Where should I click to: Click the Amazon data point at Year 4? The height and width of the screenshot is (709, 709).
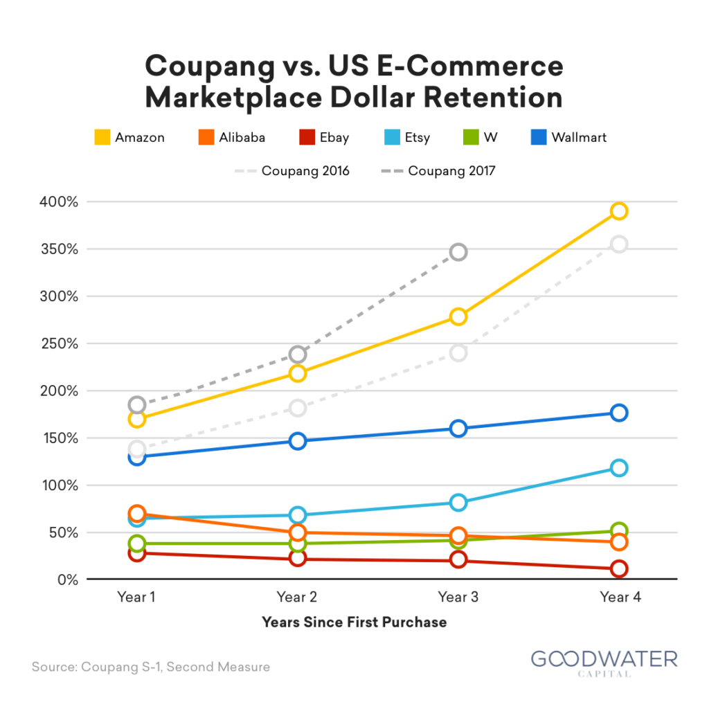[x=619, y=211]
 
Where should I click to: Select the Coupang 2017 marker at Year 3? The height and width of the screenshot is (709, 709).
[x=458, y=252]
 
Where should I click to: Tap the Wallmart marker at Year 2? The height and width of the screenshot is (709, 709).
[x=298, y=441]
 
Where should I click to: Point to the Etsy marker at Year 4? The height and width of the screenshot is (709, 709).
[x=619, y=468]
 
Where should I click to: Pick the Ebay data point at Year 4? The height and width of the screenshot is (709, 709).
[x=619, y=569]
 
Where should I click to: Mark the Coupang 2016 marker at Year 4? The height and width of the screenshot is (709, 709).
[x=619, y=244]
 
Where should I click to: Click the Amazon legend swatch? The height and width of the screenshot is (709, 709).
[x=102, y=137]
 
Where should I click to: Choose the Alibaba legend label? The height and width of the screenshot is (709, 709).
[x=242, y=137]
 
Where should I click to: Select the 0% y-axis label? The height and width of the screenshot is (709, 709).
[x=66, y=580]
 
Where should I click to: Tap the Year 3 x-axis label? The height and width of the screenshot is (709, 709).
[x=458, y=597]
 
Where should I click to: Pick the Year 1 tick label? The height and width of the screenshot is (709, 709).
[x=136, y=597]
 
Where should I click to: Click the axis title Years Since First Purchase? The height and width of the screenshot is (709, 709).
[x=354, y=622]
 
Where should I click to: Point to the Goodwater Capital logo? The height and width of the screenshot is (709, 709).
[x=604, y=661]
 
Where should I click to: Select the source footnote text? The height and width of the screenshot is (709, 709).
[x=150, y=667]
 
